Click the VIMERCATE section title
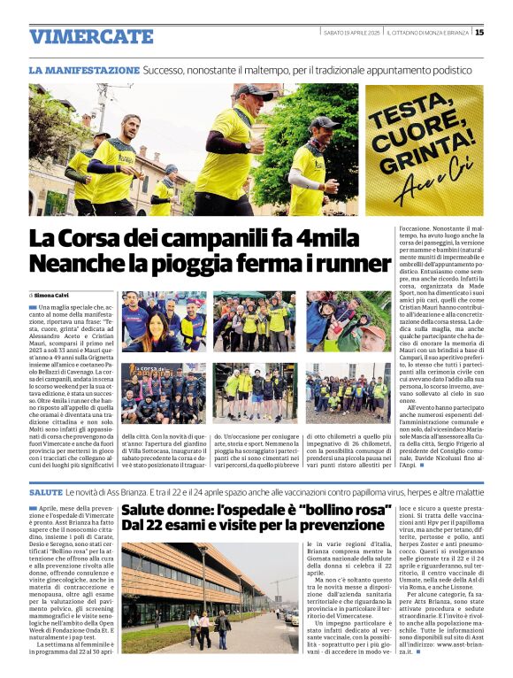91,35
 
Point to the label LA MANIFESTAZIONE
84,69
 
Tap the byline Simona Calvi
56,295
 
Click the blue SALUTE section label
45,490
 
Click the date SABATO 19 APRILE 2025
351,33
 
